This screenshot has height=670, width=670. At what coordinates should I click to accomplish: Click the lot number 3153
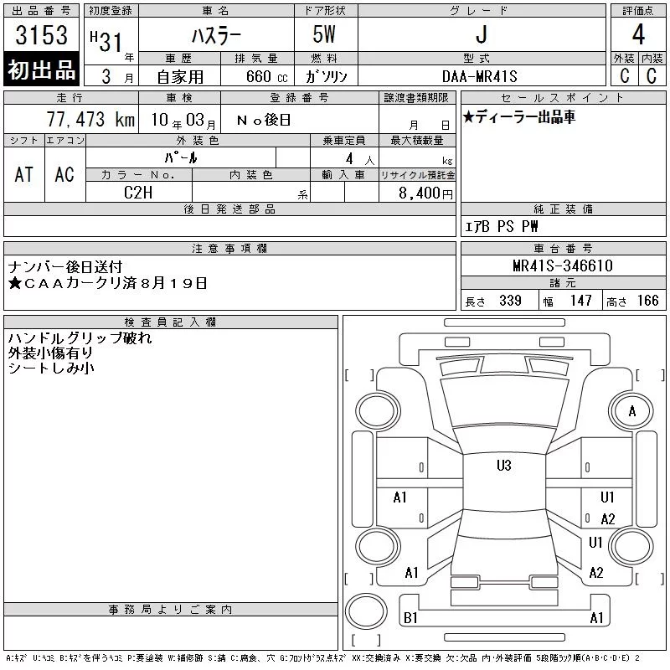point(41,35)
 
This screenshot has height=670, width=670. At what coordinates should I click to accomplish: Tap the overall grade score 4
point(638,34)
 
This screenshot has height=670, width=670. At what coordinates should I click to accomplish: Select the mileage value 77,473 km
point(90,119)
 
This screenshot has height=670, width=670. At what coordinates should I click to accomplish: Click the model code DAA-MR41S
point(479,76)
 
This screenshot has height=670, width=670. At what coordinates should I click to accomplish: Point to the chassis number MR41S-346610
point(563,265)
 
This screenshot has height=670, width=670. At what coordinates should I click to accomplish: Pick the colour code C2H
point(138,193)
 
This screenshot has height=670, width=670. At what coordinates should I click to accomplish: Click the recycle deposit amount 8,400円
point(425,193)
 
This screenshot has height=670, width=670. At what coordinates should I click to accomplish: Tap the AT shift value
point(23,174)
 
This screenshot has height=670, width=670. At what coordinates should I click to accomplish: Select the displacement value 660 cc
point(266,76)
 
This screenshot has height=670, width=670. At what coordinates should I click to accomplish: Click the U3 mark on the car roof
point(504,466)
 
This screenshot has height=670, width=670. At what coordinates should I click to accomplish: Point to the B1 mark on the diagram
point(410,618)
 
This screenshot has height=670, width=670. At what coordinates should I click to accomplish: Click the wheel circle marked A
point(631,411)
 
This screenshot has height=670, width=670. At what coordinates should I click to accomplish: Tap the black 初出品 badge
point(41,69)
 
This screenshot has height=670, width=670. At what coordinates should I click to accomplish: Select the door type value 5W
point(324,34)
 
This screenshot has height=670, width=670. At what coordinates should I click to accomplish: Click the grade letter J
point(481,34)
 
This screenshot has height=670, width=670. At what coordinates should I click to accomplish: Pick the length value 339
point(510,301)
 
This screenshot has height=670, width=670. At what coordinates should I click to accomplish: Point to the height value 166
point(647,301)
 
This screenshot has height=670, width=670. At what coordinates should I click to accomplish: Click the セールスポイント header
point(563,98)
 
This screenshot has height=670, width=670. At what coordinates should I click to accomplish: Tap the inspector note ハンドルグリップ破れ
point(80,338)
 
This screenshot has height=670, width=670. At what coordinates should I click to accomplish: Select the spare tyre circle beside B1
point(366,612)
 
